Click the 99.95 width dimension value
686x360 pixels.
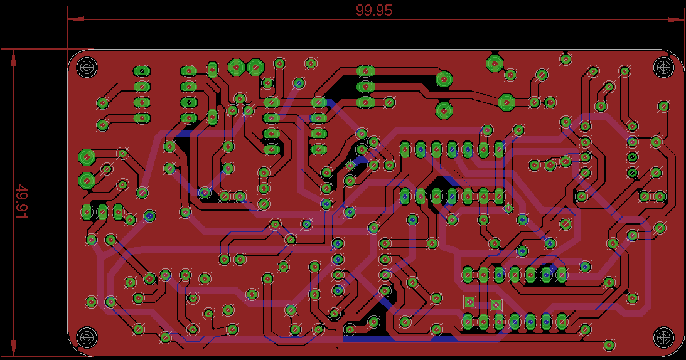pyautogui.click(x=373, y=10)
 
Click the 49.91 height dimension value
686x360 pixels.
pyautogui.click(x=21, y=202)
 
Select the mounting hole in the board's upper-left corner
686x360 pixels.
pyautogui.click(x=87, y=68)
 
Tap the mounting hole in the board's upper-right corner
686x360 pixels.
pyautogui.click(x=663, y=67)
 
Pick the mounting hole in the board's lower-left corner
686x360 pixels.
pyautogui.click(x=87, y=337)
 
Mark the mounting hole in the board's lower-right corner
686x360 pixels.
pyautogui.click(x=663, y=337)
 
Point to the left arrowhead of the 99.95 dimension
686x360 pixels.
pyautogui.click(x=75, y=19)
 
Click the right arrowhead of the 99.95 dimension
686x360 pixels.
pyautogui.click(x=675, y=19)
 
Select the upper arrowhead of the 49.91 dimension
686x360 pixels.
pyautogui.click(x=14, y=57)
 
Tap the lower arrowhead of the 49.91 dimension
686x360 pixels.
pyautogui.click(x=14, y=348)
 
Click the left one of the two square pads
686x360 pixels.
pyautogui.click(x=469, y=302)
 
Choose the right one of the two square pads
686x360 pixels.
pyautogui.click(x=496, y=305)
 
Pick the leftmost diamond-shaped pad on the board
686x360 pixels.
pyautogui.click(x=350, y=166)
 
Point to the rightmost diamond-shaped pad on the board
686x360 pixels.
pyautogui.click(x=508, y=208)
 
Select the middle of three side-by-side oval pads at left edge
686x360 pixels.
pyautogui.click(x=102, y=212)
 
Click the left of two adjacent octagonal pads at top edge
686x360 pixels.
pyautogui.click(x=236, y=67)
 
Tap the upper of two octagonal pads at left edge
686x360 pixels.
pyautogui.click(x=87, y=157)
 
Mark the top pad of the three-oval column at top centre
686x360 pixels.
pyautogui.click(x=366, y=71)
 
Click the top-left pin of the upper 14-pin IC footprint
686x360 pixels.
pyautogui.click(x=405, y=150)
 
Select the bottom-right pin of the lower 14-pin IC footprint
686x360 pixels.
pyautogui.click(x=562, y=322)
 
